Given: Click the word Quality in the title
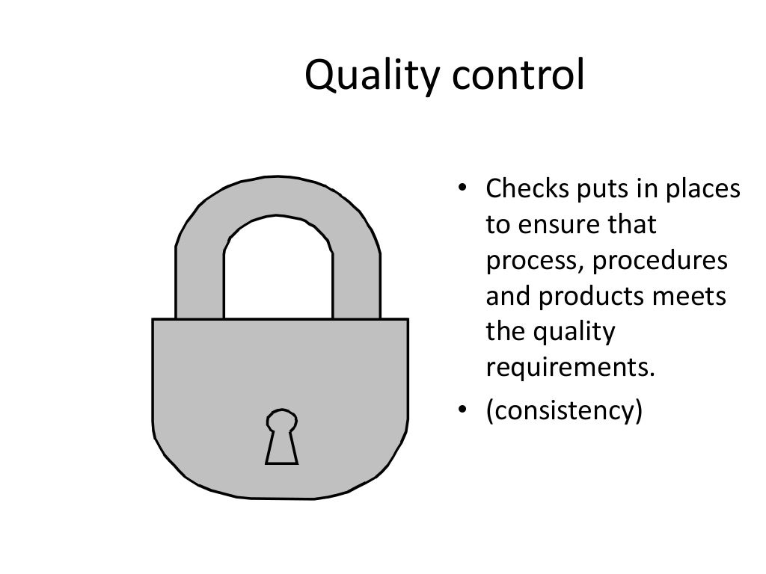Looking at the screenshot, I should pos(362,76).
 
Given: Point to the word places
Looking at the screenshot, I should pos(703,191).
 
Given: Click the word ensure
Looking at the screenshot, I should pos(557,225).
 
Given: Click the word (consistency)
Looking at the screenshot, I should pos(564,411).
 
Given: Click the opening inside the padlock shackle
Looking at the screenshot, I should pos(278,273).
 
